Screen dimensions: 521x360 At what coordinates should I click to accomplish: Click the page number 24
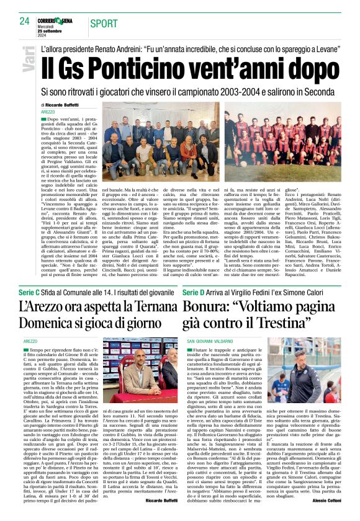(24, 21)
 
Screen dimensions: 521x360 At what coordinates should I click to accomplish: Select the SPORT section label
(104, 24)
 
